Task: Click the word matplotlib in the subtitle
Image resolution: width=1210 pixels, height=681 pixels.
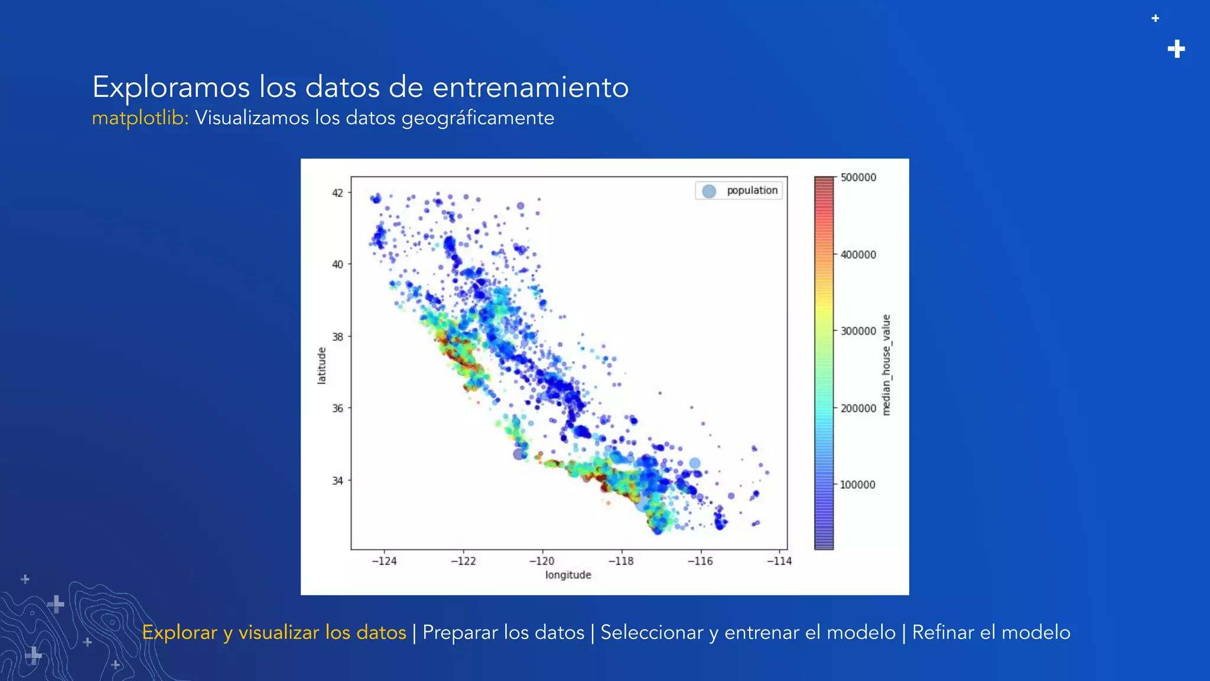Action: pyautogui.click(x=139, y=118)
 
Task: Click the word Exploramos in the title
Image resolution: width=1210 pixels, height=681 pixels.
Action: pyautogui.click(x=171, y=87)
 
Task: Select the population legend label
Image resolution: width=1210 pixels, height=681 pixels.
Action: pyautogui.click(x=752, y=190)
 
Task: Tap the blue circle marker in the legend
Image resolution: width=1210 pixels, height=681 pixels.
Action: pyautogui.click(x=709, y=191)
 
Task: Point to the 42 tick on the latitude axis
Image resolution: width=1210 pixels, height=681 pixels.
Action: pyautogui.click(x=337, y=193)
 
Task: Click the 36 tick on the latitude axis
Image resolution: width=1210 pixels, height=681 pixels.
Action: pyautogui.click(x=337, y=408)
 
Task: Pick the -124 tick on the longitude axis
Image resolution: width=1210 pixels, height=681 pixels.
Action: pyautogui.click(x=384, y=561)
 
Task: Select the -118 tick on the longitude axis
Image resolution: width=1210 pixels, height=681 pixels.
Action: pyautogui.click(x=621, y=561)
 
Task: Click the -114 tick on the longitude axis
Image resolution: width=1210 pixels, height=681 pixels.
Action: pyautogui.click(x=779, y=561)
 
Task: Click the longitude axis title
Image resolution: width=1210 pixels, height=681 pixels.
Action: pyautogui.click(x=568, y=575)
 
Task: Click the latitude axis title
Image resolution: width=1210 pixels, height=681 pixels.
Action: pyautogui.click(x=322, y=365)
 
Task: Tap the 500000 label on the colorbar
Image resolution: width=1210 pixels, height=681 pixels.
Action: pyautogui.click(x=858, y=177)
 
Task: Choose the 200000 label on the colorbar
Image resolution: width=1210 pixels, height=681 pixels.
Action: pyautogui.click(x=858, y=408)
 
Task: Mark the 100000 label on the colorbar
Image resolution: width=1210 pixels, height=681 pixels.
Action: pyautogui.click(x=857, y=485)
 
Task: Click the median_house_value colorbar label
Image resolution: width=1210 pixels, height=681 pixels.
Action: pyautogui.click(x=886, y=365)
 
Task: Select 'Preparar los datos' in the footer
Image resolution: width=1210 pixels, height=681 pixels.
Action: pyautogui.click(x=503, y=633)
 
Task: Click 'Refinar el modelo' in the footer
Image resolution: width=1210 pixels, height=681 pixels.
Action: pyautogui.click(x=991, y=633)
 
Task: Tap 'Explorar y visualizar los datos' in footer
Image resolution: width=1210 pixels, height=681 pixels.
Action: pyautogui.click(x=274, y=633)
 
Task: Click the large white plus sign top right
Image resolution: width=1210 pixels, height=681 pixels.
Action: pyautogui.click(x=1176, y=49)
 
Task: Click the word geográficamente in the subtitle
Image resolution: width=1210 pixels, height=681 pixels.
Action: pyautogui.click(x=477, y=118)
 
